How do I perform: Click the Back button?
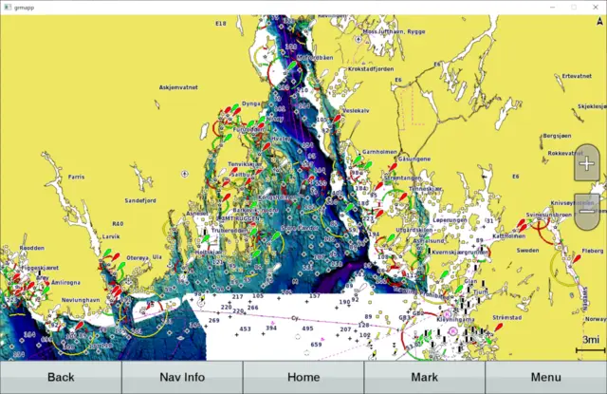pos(61,377)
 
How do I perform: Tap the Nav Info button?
pos(182,377)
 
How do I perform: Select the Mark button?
pos(424,377)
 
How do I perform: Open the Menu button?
pos(545,377)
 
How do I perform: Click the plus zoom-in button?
pos(587,163)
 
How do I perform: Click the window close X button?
pos(595,7)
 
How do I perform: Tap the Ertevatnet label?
pos(576,76)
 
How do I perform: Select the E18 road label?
pos(221,23)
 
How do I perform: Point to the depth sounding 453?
pos(245,328)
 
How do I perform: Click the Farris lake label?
pos(77,178)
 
